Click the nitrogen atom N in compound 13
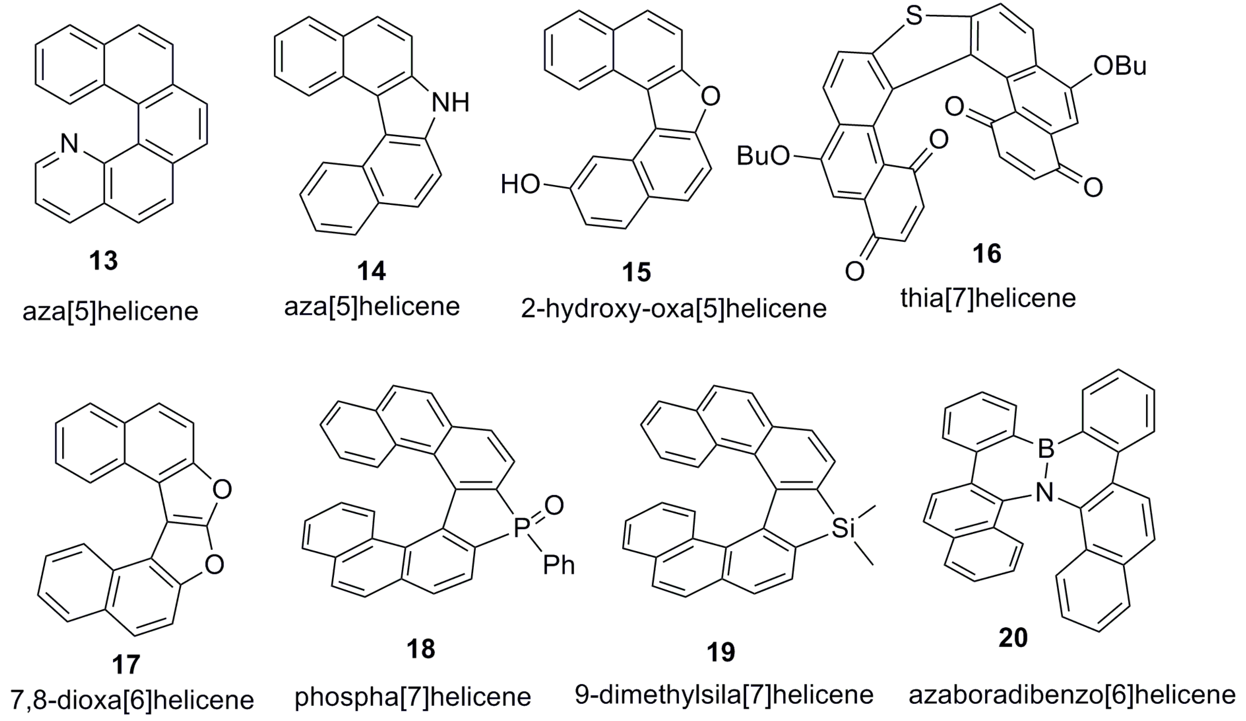coord(69,144)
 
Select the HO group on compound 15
coord(520,185)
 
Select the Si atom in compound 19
coord(843,528)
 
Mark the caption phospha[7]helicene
coord(413,697)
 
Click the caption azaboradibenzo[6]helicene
coord(1072,695)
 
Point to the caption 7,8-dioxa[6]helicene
coord(131,699)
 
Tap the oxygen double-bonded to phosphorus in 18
coord(554,505)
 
